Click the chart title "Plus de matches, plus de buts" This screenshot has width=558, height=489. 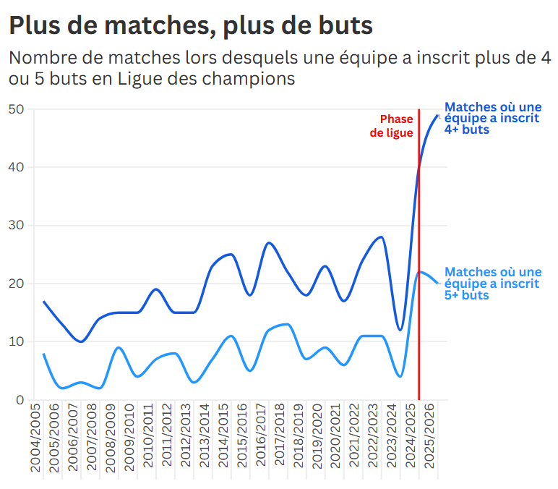pyautogui.click(x=191, y=26)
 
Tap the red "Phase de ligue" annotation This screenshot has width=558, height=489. pyautogui.click(x=392, y=126)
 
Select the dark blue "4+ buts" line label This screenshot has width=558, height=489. pyautogui.click(x=492, y=118)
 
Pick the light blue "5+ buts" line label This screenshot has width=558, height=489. pyautogui.click(x=492, y=284)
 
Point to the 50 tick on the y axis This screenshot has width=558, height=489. pyautogui.click(x=17, y=109)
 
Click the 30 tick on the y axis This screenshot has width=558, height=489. pyautogui.click(x=17, y=226)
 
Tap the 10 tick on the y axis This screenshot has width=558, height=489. pyautogui.click(x=17, y=341)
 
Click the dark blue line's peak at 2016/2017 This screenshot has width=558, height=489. pyautogui.click(x=269, y=243)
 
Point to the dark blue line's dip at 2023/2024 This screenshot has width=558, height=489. pyautogui.click(x=400, y=330)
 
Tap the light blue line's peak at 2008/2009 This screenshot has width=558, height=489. pyautogui.click(x=119, y=348)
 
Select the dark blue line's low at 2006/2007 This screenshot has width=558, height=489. pyautogui.click(x=81, y=341)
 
